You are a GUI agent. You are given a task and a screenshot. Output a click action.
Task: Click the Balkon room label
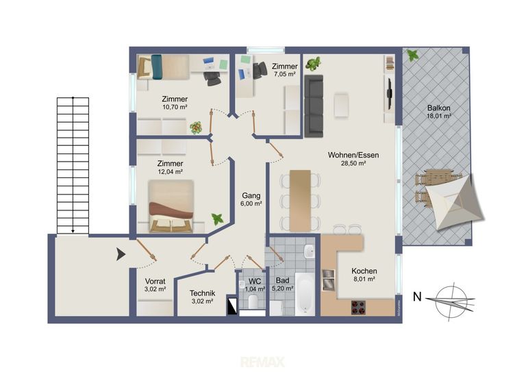tap(438, 108)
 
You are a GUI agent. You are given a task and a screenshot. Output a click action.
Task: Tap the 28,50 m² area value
tap(353, 164)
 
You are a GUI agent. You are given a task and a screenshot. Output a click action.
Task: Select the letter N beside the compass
tap(417, 297)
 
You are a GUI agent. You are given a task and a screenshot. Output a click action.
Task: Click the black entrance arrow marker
tap(121, 254)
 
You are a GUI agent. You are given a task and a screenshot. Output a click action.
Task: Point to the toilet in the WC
tap(253, 301)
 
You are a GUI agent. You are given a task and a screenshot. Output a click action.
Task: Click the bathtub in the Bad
tap(305, 294)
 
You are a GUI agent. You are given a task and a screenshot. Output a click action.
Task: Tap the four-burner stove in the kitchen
tap(358, 308)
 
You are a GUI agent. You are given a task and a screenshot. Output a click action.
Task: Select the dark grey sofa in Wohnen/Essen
tap(314, 106)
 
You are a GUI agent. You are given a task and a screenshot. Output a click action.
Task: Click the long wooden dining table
tap(300, 201)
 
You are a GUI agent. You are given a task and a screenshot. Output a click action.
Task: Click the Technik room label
tap(202, 293)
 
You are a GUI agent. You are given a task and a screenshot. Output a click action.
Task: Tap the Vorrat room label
tap(155, 281)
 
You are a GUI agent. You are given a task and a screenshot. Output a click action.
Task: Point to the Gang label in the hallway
tap(251, 195)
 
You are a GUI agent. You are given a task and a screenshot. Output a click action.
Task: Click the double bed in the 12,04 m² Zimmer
tap(171, 206)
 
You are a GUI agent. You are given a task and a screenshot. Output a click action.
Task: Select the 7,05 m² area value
tap(284, 75)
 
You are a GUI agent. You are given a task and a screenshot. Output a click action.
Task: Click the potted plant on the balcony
tap(412, 55)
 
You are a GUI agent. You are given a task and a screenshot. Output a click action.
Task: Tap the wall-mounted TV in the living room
tap(390, 94)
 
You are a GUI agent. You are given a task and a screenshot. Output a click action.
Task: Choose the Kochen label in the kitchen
tap(364, 271)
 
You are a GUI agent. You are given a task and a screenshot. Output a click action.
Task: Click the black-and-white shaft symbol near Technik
tap(231, 305)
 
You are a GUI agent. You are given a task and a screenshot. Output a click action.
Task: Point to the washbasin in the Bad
tap(309, 251)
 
